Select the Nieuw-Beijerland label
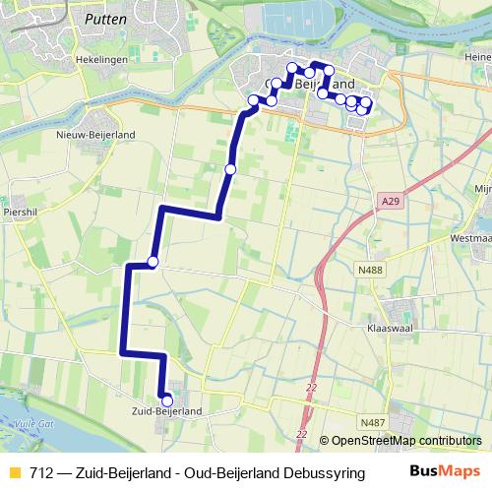(x=95, y=134)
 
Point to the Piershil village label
(x=20, y=211)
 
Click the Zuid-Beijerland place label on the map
(x=167, y=411)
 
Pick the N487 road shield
(x=373, y=422)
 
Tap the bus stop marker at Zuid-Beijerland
(x=166, y=400)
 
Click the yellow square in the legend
(x=14, y=473)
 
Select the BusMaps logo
(x=445, y=472)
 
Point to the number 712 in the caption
(x=41, y=473)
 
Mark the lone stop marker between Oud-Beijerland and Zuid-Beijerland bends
(x=230, y=169)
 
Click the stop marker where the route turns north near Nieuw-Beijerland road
(x=153, y=261)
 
